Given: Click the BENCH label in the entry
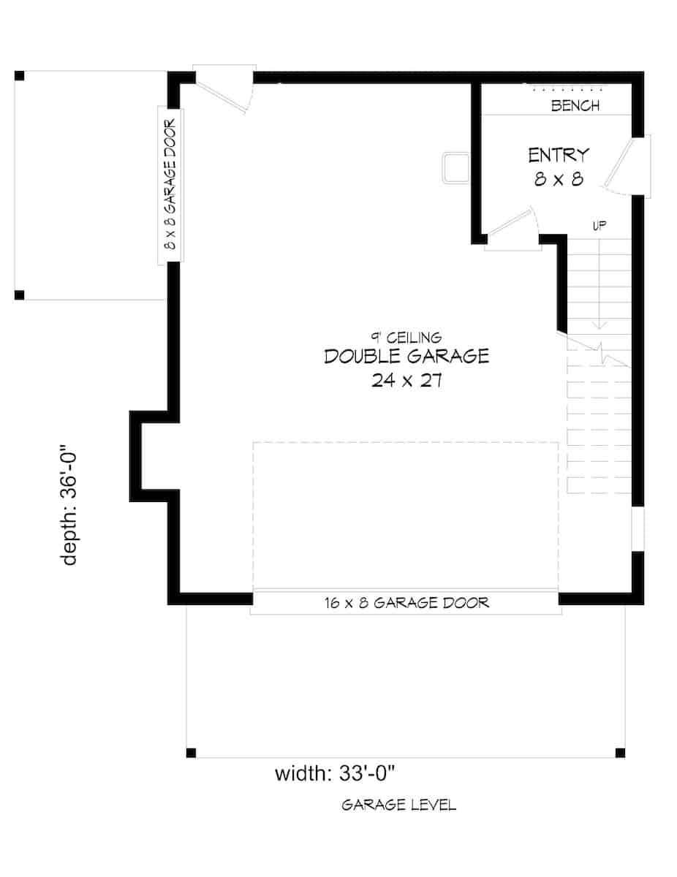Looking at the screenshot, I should tap(575, 106).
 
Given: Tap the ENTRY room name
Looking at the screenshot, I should tap(559, 155).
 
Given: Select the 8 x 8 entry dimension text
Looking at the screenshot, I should tap(559, 179).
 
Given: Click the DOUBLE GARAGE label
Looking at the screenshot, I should tap(406, 357).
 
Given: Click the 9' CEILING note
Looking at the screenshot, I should tap(406, 337).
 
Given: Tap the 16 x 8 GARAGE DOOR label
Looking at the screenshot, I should tap(406, 603).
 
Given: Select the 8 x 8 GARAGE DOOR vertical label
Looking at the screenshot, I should tap(171, 184).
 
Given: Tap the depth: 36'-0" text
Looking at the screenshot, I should tap(70, 507).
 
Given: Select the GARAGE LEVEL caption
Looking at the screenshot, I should tap(399, 805).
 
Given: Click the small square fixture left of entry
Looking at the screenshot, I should tap(455, 166).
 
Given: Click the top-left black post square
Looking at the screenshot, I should tap(20, 75).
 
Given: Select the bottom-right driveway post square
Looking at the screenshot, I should tap(620, 753).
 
